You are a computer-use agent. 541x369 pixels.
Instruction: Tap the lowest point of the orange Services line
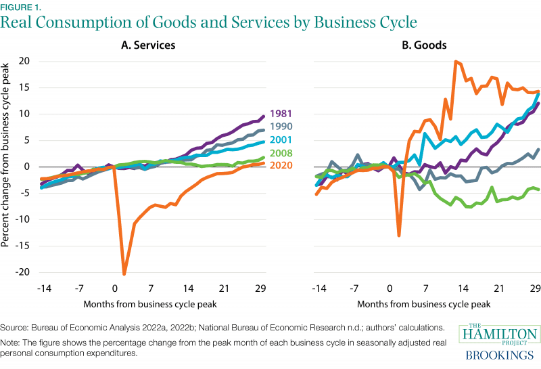coord(124,274)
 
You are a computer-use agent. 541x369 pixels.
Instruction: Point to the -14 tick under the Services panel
coord(41,289)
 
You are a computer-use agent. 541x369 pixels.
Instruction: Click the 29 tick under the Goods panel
coord(535,289)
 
